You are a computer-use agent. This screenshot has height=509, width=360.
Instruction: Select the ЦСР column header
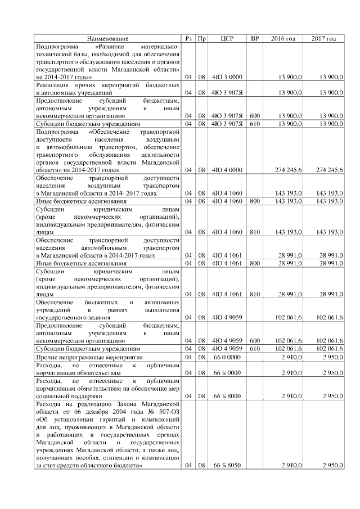(227, 39)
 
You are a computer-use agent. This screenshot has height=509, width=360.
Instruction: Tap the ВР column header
(255, 39)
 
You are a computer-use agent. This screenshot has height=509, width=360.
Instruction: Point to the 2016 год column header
(283, 39)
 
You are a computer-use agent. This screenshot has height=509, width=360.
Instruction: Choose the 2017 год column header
(323, 39)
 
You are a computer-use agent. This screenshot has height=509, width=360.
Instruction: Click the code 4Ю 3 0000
(227, 76)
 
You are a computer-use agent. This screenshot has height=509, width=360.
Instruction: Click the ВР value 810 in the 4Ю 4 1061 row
(255, 294)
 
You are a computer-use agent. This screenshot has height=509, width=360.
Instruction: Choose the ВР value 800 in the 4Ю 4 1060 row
(255, 201)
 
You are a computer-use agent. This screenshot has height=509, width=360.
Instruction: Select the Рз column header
(189, 39)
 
